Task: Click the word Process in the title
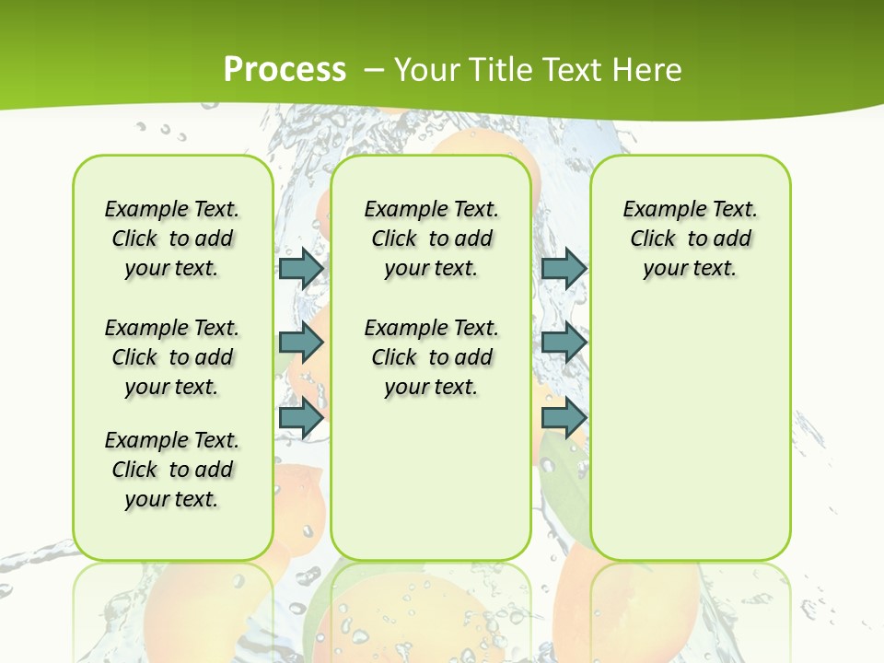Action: [x=285, y=69]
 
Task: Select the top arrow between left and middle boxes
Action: [x=301, y=268]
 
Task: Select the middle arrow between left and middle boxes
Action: [x=301, y=343]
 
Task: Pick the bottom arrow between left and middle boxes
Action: [x=301, y=417]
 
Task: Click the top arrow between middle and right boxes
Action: [x=564, y=268]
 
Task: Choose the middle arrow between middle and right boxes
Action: [x=564, y=343]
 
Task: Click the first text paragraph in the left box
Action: [x=172, y=238]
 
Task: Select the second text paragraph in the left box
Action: [x=172, y=357]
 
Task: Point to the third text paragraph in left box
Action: [x=172, y=470]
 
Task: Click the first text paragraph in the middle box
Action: [x=432, y=238]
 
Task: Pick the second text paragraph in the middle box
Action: [x=432, y=357]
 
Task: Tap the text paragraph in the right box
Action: [x=691, y=238]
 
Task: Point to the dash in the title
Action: [x=375, y=69]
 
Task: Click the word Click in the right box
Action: [x=653, y=239]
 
